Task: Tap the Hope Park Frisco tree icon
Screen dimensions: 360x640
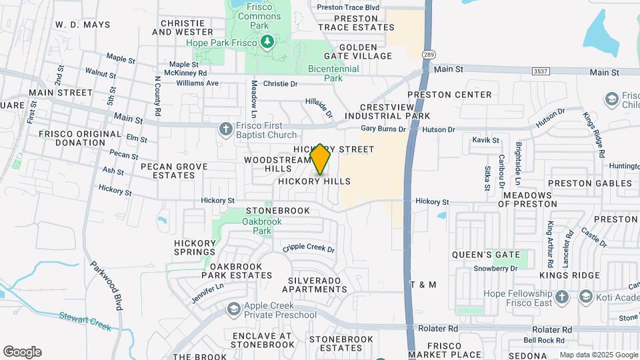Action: [x=267, y=42]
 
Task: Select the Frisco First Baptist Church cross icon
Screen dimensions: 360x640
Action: [x=227, y=129]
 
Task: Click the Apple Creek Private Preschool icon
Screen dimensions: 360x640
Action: [x=234, y=309]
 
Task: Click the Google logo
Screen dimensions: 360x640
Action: [x=22, y=352]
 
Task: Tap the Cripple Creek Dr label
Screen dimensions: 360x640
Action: [x=308, y=247]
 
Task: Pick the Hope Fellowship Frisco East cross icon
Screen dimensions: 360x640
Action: [x=562, y=296]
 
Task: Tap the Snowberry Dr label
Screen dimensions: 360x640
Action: [x=495, y=268]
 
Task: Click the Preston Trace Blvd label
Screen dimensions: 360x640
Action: [x=348, y=7]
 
